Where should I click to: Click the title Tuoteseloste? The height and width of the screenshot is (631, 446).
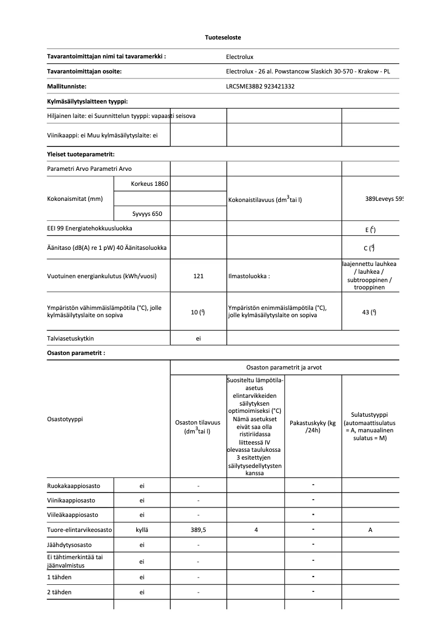coord(222,37)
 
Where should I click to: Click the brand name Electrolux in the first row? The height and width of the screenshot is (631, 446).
coord(240,57)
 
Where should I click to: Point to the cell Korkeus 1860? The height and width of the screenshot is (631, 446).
coord(149,184)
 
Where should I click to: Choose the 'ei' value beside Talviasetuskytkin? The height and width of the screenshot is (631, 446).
coord(198,338)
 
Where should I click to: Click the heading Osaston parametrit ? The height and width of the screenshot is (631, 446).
coord(76,353)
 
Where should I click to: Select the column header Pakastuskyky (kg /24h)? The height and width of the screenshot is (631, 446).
coord(313,427)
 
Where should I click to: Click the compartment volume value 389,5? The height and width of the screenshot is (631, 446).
coord(198,530)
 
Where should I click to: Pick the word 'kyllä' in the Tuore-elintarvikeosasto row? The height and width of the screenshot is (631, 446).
coord(142,530)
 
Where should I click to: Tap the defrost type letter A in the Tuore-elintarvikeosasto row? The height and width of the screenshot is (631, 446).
coord(370,530)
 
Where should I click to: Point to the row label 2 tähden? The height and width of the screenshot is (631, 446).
coord(60,592)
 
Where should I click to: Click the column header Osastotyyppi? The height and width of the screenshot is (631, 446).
coord(65,419)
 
